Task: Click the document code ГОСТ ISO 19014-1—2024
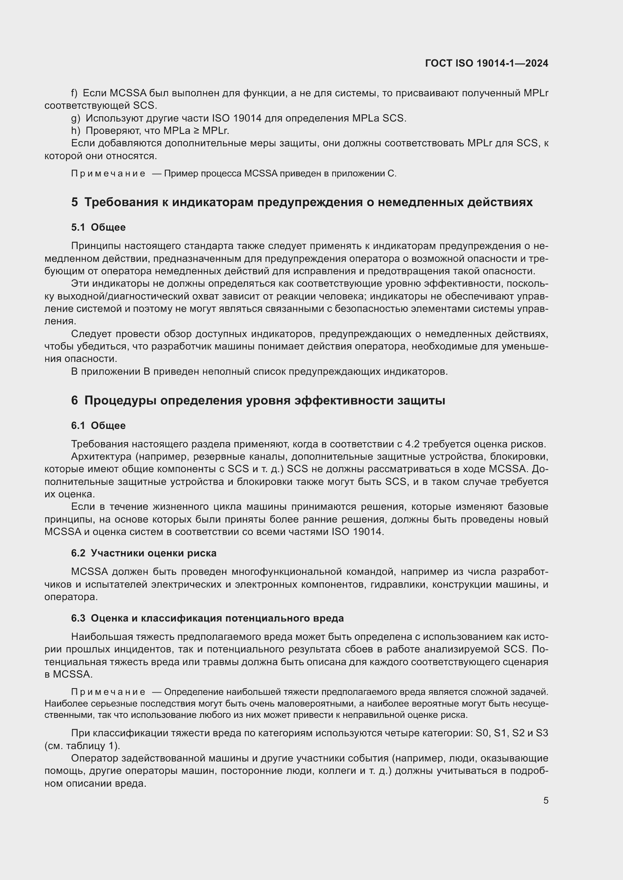pos(486,63)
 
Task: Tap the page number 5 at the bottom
pos(545,801)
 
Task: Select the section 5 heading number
pos(75,202)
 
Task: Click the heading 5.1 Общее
pos(98,227)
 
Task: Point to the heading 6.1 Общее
pos(98,426)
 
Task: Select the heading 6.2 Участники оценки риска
pos(144,553)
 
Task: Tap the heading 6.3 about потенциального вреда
pos(207,618)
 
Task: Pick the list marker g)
pos(76,119)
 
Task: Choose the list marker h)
pos(76,131)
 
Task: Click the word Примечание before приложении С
pos(108,173)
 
